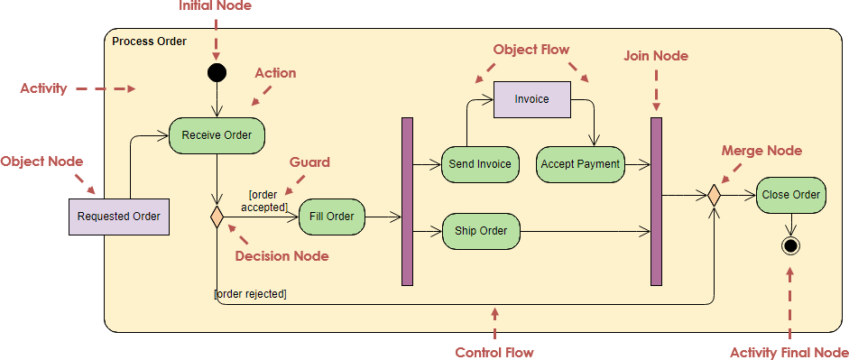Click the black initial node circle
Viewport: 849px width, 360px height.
pyautogui.click(x=217, y=72)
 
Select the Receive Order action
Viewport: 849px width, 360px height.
pyautogui.click(x=217, y=135)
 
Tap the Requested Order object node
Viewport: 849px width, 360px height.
pyautogui.click(x=119, y=217)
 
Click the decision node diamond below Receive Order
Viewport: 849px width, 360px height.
pyautogui.click(x=217, y=217)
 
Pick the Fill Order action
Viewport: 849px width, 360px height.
pyautogui.click(x=331, y=217)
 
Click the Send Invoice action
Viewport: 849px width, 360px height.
pyautogui.click(x=480, y=164)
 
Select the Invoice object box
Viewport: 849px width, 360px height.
pyautogui.click(x=531, y=99)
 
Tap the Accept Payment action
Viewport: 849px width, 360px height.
pyautogui.click(x=580, y=164)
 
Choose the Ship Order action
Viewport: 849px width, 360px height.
pyautogui.click(x=481, y=231)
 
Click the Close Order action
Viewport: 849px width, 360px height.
pyautogui.click(x=791, y=195)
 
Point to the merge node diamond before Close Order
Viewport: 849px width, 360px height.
pyautogui.click(x=714, y=195)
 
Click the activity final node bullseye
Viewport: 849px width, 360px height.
pyautogui.click(x=791, y=245)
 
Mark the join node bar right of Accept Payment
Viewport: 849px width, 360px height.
pyautogui.click(x=656, y=201)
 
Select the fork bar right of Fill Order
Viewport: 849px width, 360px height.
pyautogui.click(x=407, y=201)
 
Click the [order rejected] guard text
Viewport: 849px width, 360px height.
pyautogui.click(x=250, y=293)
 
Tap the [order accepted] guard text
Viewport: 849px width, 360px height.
pyautogui.click(x=268, y=200)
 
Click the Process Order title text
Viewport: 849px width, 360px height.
pyautogui.click(x=149, y=42)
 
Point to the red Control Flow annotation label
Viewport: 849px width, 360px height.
pyautogui.click(x=494, y=352)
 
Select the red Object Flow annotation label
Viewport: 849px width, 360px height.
pyautogui.click(x=531, y=50)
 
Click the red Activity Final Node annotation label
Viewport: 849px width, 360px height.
pyautogui.click(x=789, y=352)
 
